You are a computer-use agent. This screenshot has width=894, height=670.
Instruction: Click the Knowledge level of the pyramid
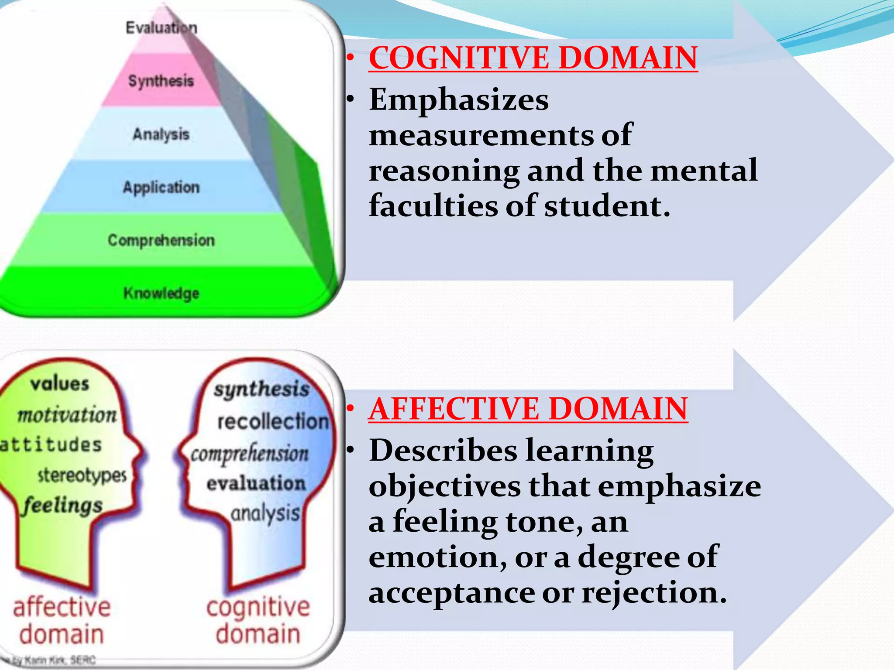click(161, 293)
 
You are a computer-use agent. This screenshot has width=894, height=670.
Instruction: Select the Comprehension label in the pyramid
click(161, 240)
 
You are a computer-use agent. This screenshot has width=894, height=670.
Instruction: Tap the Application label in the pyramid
click(161, 187)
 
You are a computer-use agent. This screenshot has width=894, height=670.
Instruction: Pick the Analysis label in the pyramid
click(161, 134)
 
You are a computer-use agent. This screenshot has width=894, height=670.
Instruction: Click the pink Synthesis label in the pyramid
click(161, 81)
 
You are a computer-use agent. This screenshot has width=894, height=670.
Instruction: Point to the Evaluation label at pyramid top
click(161, 28)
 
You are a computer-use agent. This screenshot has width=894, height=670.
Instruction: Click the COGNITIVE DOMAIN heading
click(533, 58)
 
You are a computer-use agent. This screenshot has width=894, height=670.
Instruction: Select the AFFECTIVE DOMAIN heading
click(528, 409)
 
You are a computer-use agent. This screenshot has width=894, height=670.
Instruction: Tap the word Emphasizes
click(459, 100)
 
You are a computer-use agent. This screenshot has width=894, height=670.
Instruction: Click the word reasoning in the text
click(444, 171)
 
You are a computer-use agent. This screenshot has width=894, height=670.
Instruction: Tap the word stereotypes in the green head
click(82, 475)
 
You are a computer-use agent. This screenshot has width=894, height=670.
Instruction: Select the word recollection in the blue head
click(273, 421)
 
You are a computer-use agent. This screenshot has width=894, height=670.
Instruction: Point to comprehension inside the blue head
click(250, 454)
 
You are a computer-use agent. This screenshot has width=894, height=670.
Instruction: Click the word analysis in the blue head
click(265, 513)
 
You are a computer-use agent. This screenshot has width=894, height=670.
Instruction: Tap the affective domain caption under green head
click(62, 620)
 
